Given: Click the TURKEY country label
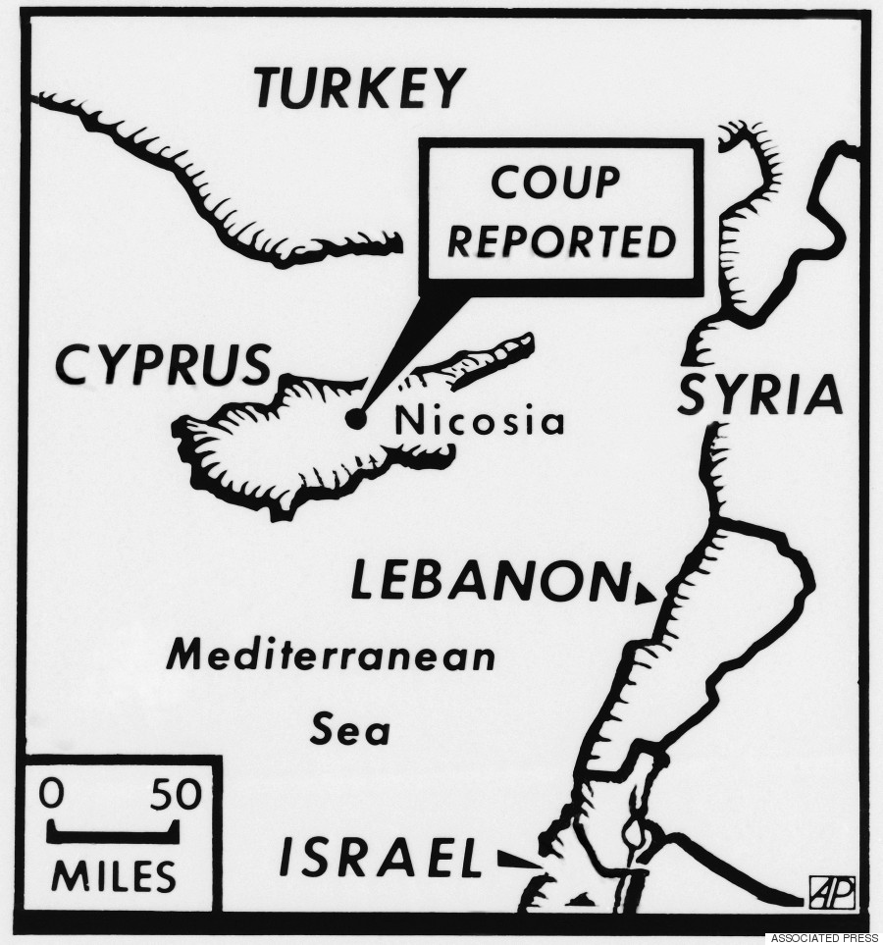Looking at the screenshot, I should coord(357,87).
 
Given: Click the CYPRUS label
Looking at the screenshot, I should coord(162,365).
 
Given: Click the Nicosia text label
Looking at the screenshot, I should coord(479,422).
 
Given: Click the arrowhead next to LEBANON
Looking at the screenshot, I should coord(644,594).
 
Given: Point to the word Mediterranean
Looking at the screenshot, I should coord(331,655).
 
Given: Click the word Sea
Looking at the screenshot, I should coord(350,729).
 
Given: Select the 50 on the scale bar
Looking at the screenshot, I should coord(175,793).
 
